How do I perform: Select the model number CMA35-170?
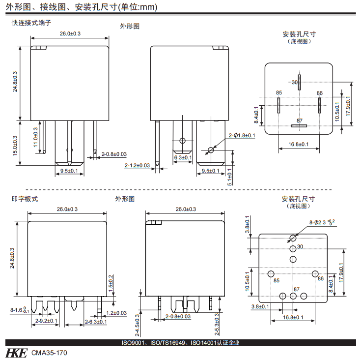(49, 353)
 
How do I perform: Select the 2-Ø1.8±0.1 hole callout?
(241, 135)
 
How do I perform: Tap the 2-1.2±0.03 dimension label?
(137, 165)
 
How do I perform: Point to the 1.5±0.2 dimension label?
(111, 284)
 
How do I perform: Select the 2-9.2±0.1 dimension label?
(47, 321)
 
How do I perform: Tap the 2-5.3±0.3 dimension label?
(216, 322)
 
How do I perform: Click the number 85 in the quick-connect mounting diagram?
(279, 92)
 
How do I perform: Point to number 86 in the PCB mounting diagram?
(320, 279)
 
